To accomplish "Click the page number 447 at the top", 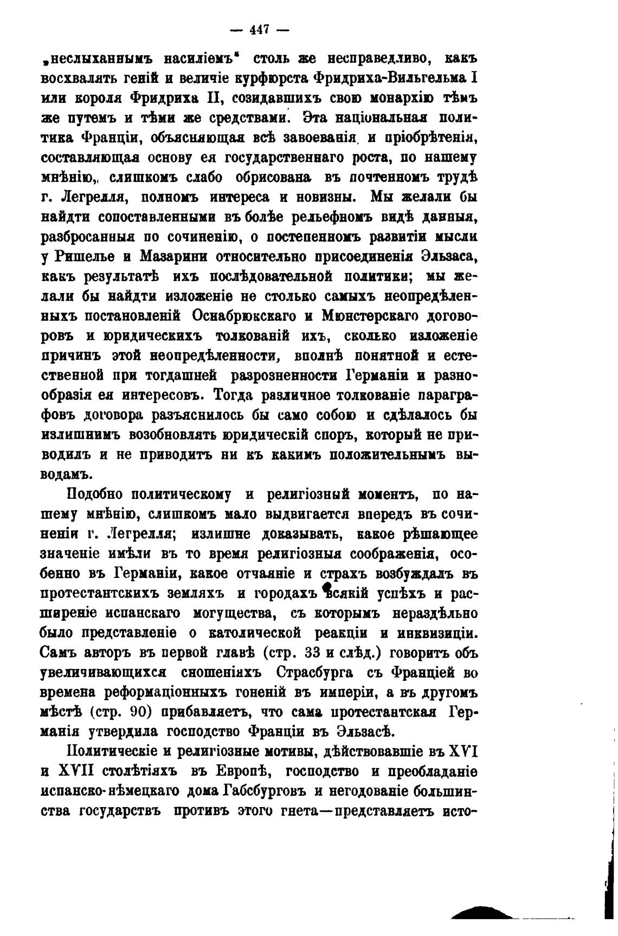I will pos(260,31).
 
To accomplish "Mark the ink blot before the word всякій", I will pos(326,588).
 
